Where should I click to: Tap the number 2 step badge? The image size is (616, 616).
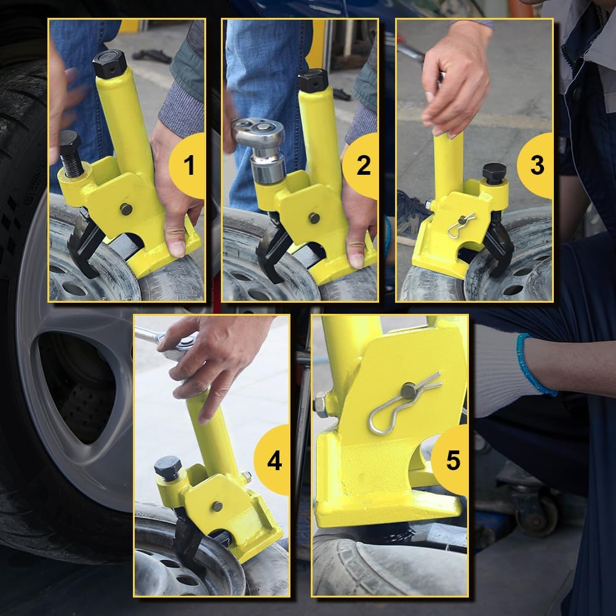pos(363,166)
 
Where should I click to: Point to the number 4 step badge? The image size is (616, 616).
pos(273,460)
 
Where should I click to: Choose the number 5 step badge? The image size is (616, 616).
pos(452,460)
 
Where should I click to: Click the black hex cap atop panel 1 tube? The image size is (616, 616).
pos(110,63)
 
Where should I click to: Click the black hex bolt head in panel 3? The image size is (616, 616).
pos(494,172)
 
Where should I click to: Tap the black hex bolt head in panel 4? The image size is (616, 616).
pos(167,469)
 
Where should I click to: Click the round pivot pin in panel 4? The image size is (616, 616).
pos(217,506)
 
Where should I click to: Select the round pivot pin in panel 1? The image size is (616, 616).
pos(126,209)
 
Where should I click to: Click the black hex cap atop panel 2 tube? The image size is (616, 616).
pos(313,81)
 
